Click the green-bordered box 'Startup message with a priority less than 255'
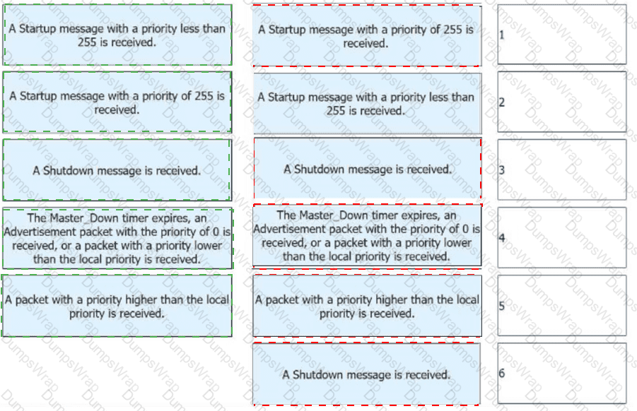point(117,35)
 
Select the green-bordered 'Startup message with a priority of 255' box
point(117,102)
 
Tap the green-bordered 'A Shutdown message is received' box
point(117,170)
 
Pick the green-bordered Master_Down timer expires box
point(117,238)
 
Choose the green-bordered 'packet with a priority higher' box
point(117,306)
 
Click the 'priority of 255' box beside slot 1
point(367,36)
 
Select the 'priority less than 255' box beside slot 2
point(367,104)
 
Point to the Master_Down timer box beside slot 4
point(367,236)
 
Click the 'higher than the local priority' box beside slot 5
point(367,306)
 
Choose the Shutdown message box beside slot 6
point(366,374)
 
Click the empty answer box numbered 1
point(562,35)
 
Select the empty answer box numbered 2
point(562,102)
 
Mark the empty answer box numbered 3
point(562,169)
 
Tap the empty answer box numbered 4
point(562,237)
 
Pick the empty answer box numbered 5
point(562,305)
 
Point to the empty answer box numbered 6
point(562,373)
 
